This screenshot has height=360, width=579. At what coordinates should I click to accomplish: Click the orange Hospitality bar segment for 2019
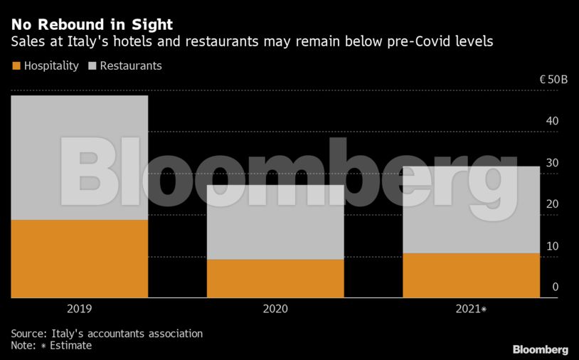79,258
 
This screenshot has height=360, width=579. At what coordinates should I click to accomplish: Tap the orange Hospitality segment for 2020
275,278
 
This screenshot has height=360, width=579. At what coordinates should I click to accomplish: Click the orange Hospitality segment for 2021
471,275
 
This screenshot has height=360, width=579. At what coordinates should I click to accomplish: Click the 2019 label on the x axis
79,309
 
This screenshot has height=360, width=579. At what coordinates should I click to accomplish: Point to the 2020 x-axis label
275,309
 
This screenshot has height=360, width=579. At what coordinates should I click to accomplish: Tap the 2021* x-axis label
472,309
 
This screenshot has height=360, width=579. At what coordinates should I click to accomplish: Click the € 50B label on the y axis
553,80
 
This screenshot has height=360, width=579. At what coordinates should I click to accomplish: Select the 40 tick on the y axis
552,121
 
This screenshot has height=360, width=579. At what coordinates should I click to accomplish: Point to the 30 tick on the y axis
552,163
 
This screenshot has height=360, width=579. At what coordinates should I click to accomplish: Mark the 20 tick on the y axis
552,204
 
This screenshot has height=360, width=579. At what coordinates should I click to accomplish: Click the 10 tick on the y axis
552,246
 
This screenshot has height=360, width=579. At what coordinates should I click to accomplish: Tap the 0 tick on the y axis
555,287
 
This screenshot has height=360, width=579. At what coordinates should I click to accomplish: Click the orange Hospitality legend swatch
16,66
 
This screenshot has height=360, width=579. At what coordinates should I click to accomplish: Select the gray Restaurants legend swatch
92,66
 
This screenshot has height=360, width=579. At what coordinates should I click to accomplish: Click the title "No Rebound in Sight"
92,25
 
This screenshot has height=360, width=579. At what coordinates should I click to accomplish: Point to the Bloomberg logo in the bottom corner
540,349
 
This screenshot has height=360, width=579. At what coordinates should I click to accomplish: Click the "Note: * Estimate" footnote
51,346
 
